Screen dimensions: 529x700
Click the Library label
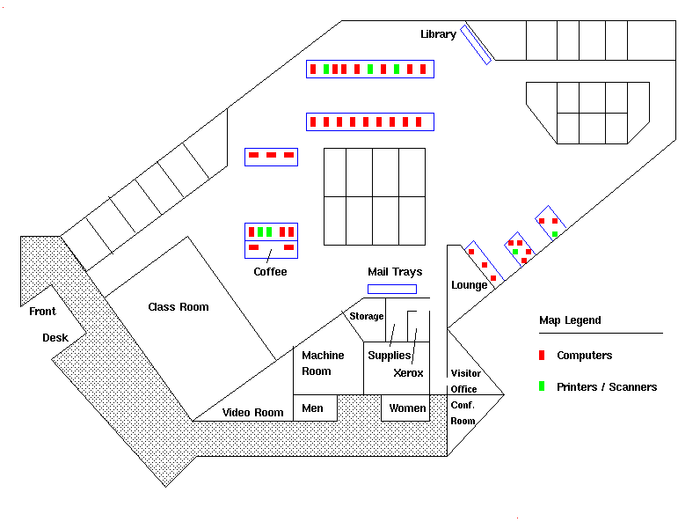(438, 34)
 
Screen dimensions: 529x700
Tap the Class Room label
(179, 307)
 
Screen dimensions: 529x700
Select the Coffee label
(270, 272)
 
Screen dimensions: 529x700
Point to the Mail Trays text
(395, 272)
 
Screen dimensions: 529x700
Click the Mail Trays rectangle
(392, 289)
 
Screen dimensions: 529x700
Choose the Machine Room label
(323, 364)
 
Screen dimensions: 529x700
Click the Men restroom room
(313, 408)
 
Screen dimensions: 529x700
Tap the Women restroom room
(408, 408)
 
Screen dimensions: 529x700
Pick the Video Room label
(252, 413)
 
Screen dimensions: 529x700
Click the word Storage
(367, 316)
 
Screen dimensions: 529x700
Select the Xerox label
(408, 373)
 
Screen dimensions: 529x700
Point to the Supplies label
(390, 356)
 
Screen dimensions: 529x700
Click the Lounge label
(470, 285)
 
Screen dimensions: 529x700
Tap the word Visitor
(465, 373)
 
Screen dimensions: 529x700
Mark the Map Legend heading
(570, 320)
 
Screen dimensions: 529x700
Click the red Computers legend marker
(542, 356)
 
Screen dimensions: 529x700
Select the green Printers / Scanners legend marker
(542, 386)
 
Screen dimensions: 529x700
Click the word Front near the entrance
(42, 312)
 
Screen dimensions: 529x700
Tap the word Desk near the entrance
(55, 338)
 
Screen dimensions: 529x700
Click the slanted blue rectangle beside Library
(476, 44)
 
